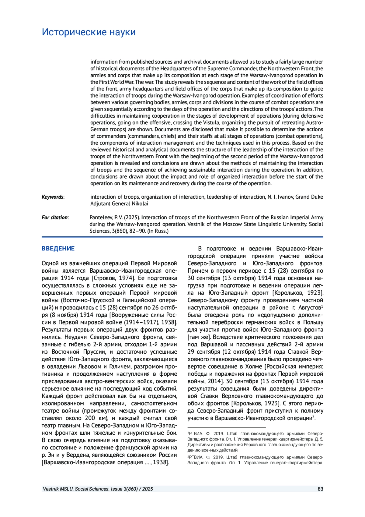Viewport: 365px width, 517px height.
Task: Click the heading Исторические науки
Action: [89, 32]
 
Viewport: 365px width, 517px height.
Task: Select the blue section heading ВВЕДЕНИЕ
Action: [58, 249]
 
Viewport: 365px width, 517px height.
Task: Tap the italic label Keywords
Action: [53, 197]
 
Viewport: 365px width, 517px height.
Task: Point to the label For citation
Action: [55, 218]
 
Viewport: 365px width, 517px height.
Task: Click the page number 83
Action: [320, 489]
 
